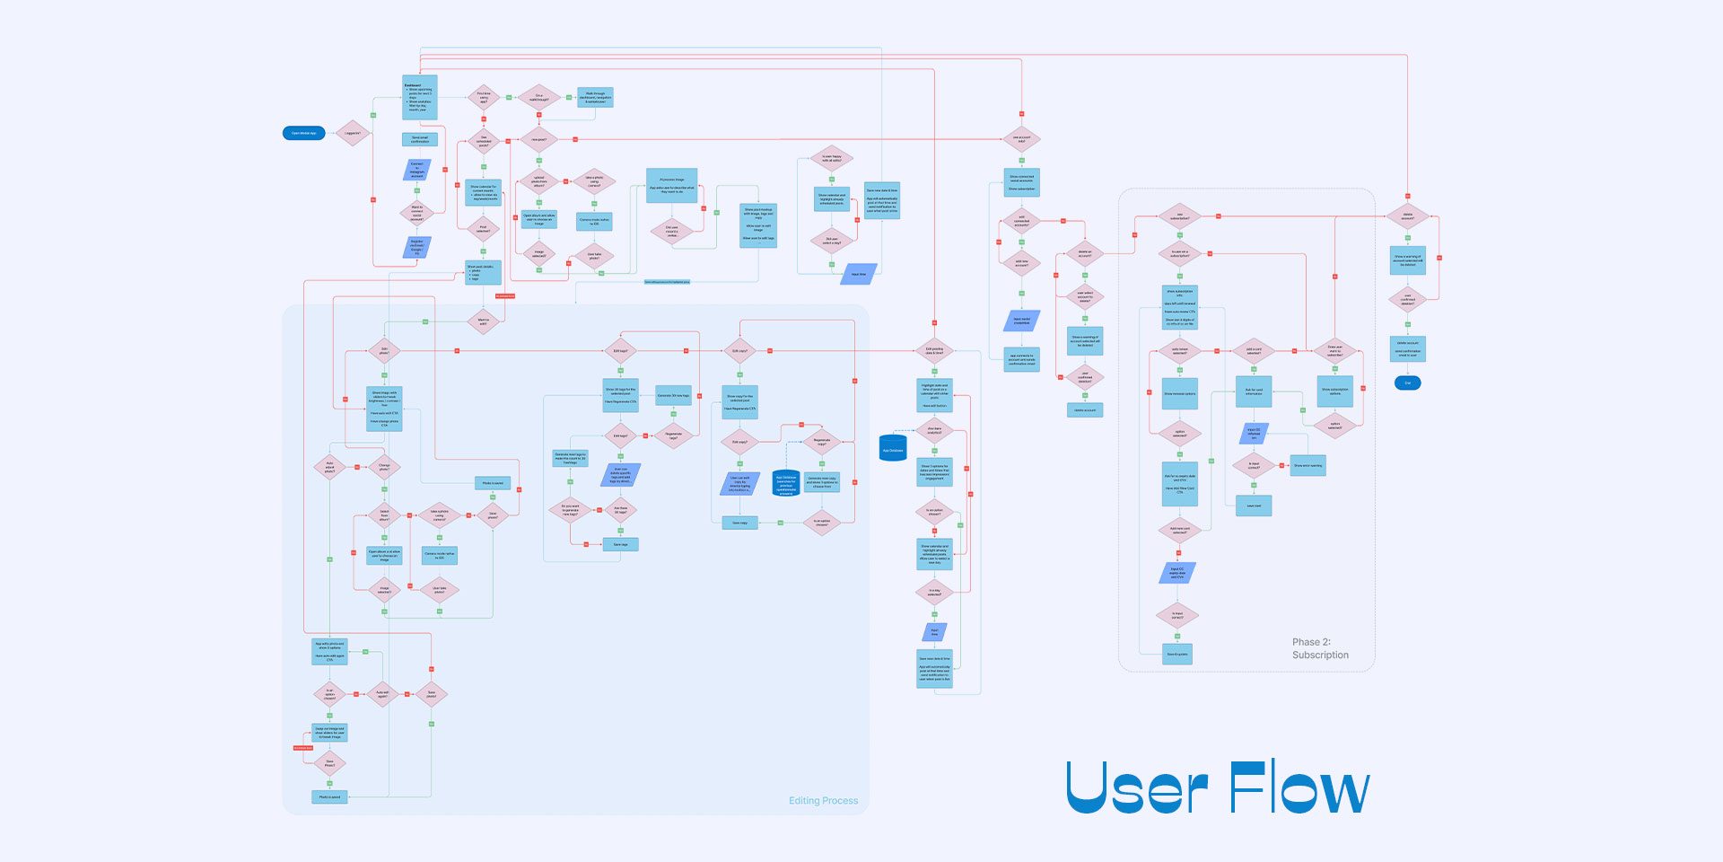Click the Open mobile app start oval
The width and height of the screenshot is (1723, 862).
(x=303, y=133)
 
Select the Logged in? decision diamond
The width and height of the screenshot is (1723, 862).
(x=353, y=133)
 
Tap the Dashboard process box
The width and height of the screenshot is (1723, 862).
(x=419, y=97)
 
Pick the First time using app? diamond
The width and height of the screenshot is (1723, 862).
(x=484, y=97)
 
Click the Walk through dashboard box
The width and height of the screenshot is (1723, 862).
(x=595, y=97)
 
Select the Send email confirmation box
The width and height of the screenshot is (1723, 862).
(x=419, y=139)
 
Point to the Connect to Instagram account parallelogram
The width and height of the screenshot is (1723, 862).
(x=416, y=170)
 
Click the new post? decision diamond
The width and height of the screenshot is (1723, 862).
(x=539, y=139)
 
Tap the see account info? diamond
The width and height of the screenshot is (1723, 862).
(x=1021, y=139)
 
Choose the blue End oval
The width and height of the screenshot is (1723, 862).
(x=1407, y=383)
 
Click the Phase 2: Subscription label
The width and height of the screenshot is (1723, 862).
(x=1319, y=648)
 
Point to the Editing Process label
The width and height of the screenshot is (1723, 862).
(x=823, y=800)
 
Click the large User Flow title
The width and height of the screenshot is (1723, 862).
(x=1217, y=787)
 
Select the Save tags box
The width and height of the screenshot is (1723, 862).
(x=620, y=544)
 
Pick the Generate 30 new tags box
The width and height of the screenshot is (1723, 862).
(x=673, y=395)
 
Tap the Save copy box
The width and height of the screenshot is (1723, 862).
(x=739, y=522)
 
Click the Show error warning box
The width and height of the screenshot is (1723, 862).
(x=1308, y=465)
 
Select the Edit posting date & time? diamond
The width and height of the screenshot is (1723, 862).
(x=934, y=351)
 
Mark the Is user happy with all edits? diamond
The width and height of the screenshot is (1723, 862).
(x=832, y=159)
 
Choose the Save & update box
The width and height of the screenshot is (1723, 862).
(x=1177, y=654)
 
